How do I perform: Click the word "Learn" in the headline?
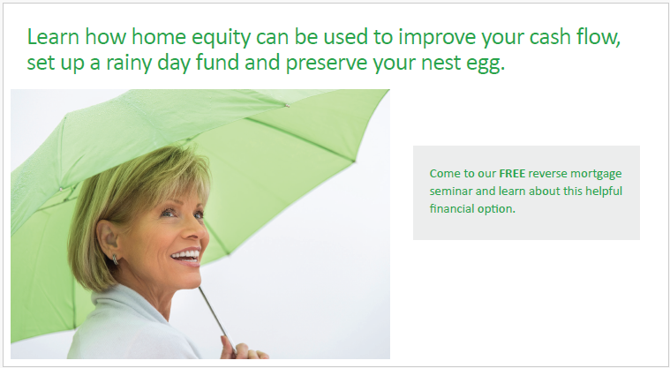(53, 36)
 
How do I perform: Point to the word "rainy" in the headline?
(128, 64)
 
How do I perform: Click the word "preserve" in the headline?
(327, 64)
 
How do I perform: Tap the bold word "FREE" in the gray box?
(512, 174)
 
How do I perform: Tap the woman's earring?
(116, 259)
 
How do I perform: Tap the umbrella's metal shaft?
(216, 318)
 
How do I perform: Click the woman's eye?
(169, 213)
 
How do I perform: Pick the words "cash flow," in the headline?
(575, 37)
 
